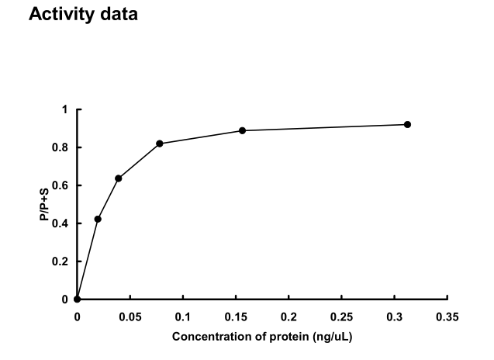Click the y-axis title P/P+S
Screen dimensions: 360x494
point(47,205)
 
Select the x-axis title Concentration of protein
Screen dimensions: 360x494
point(263,337)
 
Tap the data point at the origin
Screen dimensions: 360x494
point(77,299)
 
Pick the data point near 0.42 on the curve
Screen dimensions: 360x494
point(98,219)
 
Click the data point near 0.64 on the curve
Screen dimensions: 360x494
point(119,178)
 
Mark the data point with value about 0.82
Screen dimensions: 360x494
point(160,144)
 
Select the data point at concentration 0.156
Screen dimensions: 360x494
point(242,130)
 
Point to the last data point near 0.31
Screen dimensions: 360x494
point(407,125)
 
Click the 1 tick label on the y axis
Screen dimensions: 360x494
point(65,109)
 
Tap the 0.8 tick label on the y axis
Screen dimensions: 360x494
point(62,147)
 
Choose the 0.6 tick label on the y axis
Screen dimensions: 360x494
point(62,185)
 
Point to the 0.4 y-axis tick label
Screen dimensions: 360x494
point(62,223)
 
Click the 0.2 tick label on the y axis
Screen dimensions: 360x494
point(62,261)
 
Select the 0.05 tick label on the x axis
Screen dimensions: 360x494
point(130,316)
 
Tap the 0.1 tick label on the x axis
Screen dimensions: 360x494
point(183,316)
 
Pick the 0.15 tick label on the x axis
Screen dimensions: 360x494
point(236,316)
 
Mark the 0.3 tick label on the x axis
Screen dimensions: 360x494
point(395,316)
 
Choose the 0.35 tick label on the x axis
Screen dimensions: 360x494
point(447,316)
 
